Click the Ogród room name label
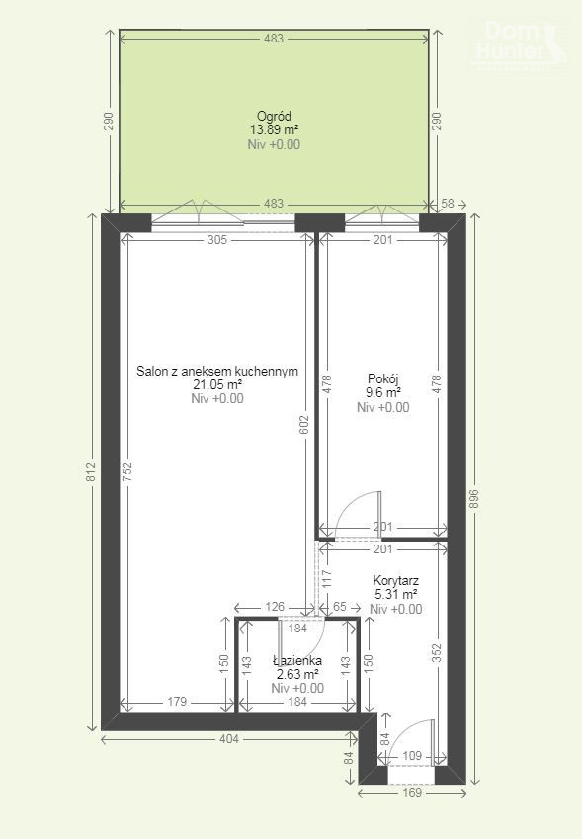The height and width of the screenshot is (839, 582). (x=274, y=116)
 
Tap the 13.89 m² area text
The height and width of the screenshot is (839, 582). (x=274, y=130)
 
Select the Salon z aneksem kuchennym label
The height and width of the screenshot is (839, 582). (x=217, y=372)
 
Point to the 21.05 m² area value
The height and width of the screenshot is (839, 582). (x=217, y=384)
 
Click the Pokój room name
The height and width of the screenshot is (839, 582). (x=383, y=379)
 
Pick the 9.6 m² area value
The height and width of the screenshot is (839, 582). (x=383, y=393)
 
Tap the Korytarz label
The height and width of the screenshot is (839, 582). (x=396, y=580)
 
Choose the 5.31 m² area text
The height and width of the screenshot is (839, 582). (x=396, y=595)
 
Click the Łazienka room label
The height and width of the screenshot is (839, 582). (x=297, y=661)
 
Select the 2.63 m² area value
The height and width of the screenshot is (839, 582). (x=297, y=674)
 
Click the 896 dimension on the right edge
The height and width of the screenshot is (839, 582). (x=475, y=499)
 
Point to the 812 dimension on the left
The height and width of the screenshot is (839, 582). (x=91, y=472)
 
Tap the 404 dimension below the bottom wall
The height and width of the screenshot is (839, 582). (x=229, y=739)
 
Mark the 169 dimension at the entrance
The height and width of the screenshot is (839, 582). (x=412, y=793)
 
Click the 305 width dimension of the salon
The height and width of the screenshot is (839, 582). (x=217, y=240)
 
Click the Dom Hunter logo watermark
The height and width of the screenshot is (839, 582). (x=519, y=43)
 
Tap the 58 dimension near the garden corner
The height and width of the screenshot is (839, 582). (x=448, y=204)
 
